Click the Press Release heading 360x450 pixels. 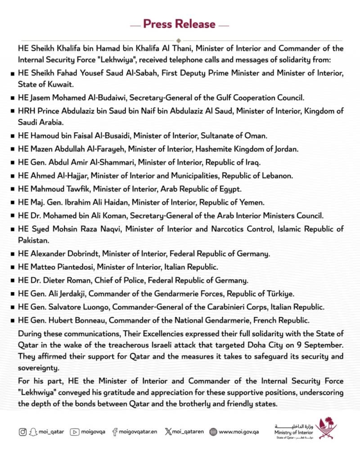[179, 24]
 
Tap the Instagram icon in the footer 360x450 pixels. [23, 432]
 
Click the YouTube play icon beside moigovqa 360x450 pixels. [75, 432]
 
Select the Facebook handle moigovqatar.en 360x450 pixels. [138, 432]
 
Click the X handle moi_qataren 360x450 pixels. [188, 432]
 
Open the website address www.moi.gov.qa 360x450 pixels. [239, 432]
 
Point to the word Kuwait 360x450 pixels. [60, 85]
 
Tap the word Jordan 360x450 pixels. [286, 149]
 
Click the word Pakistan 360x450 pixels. [33, 240]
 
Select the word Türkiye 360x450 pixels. [280, 294]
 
